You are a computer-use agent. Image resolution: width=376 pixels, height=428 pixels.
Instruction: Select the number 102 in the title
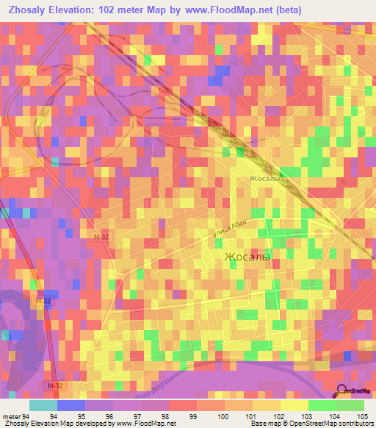pos(109,10)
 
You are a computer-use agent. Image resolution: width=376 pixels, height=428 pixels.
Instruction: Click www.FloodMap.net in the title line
pos(220,10)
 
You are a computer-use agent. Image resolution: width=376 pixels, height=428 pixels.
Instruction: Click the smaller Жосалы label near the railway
pos(265,179)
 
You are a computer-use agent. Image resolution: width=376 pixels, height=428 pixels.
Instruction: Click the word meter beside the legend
pos(11,415)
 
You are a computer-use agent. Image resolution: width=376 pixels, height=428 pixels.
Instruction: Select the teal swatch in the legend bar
pos(43,405)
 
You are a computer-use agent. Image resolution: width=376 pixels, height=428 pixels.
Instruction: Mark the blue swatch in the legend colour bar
pos(71,405)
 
